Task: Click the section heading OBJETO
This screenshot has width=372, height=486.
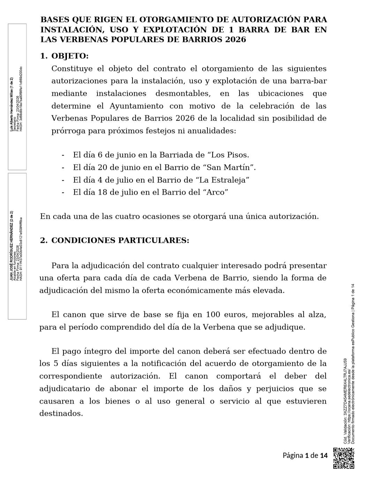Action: click(x=70, y=56)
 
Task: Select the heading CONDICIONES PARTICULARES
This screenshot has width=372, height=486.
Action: click(x=120, y=240)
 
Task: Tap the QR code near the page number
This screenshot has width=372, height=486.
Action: click(x=344, y=458)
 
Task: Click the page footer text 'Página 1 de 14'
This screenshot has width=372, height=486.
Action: click(x=305, y=455)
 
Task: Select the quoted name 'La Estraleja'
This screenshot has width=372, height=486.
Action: click(x=222, y=180)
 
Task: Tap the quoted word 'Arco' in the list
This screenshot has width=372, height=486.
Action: click(x=215, y=192)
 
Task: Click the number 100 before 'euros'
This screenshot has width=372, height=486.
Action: click(x=213, y=314)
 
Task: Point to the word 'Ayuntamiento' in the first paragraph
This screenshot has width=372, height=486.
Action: click(x=136, y=106)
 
